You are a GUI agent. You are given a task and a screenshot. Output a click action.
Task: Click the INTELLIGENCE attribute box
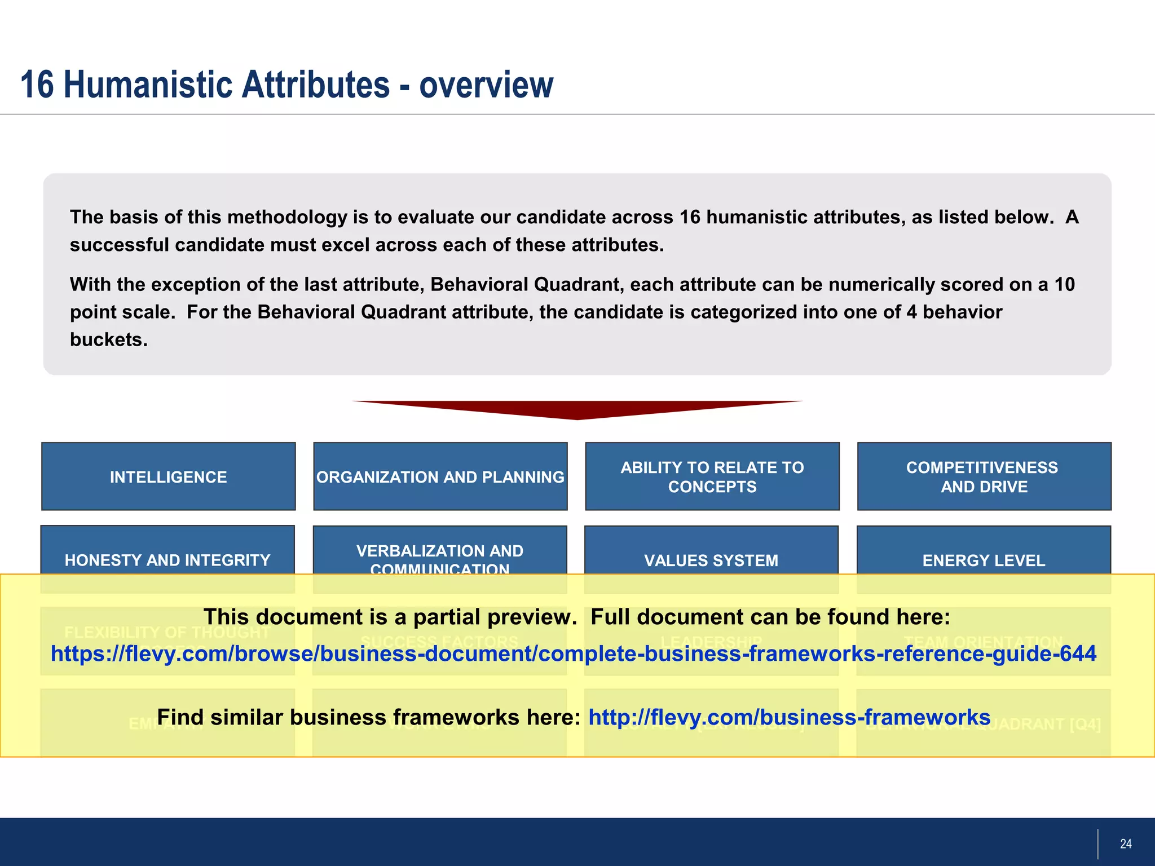[168, 477]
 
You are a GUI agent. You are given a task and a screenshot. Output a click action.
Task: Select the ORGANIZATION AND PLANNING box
[440, 477]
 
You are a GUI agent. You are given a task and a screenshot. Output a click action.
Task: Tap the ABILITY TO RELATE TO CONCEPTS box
[712, 477]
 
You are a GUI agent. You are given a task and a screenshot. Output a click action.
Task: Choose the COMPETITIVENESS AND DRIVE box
[984, 477]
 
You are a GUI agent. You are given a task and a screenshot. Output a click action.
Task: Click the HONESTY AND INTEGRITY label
[167, 560]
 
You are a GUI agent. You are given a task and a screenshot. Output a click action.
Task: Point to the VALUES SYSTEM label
[711, 560]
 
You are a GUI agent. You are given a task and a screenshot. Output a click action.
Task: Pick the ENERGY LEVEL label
[984, 560]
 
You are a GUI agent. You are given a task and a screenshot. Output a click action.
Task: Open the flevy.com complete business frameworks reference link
[573, 653]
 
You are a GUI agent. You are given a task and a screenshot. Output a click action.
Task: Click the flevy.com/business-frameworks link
[789, 717]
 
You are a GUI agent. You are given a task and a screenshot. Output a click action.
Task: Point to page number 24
[1126, 843]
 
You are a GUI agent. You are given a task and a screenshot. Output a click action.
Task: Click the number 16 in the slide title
[37, 85]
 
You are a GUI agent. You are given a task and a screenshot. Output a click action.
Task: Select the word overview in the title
[486, 85]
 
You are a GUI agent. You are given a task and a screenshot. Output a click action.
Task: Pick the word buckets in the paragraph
[108, 339]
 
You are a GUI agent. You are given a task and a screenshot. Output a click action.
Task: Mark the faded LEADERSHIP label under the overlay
[711, 642]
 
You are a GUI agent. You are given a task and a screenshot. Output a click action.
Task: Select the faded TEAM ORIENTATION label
[984, 642]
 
